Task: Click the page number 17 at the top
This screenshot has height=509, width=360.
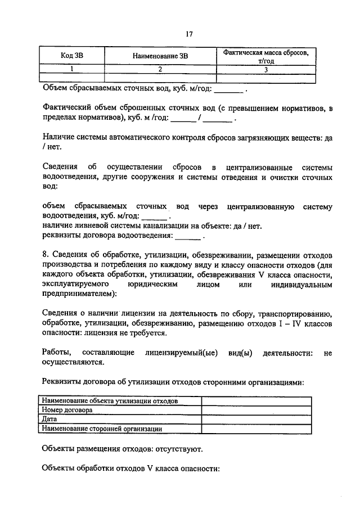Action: [190, 34]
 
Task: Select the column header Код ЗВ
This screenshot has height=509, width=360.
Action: [75, 56]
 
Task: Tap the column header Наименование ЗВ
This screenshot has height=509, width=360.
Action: [160, 56]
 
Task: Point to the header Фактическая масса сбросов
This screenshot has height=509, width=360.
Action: [265, 52]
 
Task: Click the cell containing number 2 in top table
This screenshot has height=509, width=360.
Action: [160, 70]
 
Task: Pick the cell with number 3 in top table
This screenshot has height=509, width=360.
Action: [265, 70]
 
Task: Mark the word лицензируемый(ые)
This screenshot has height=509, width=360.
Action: [184, 353]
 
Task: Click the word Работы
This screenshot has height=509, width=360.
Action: [56, 353]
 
